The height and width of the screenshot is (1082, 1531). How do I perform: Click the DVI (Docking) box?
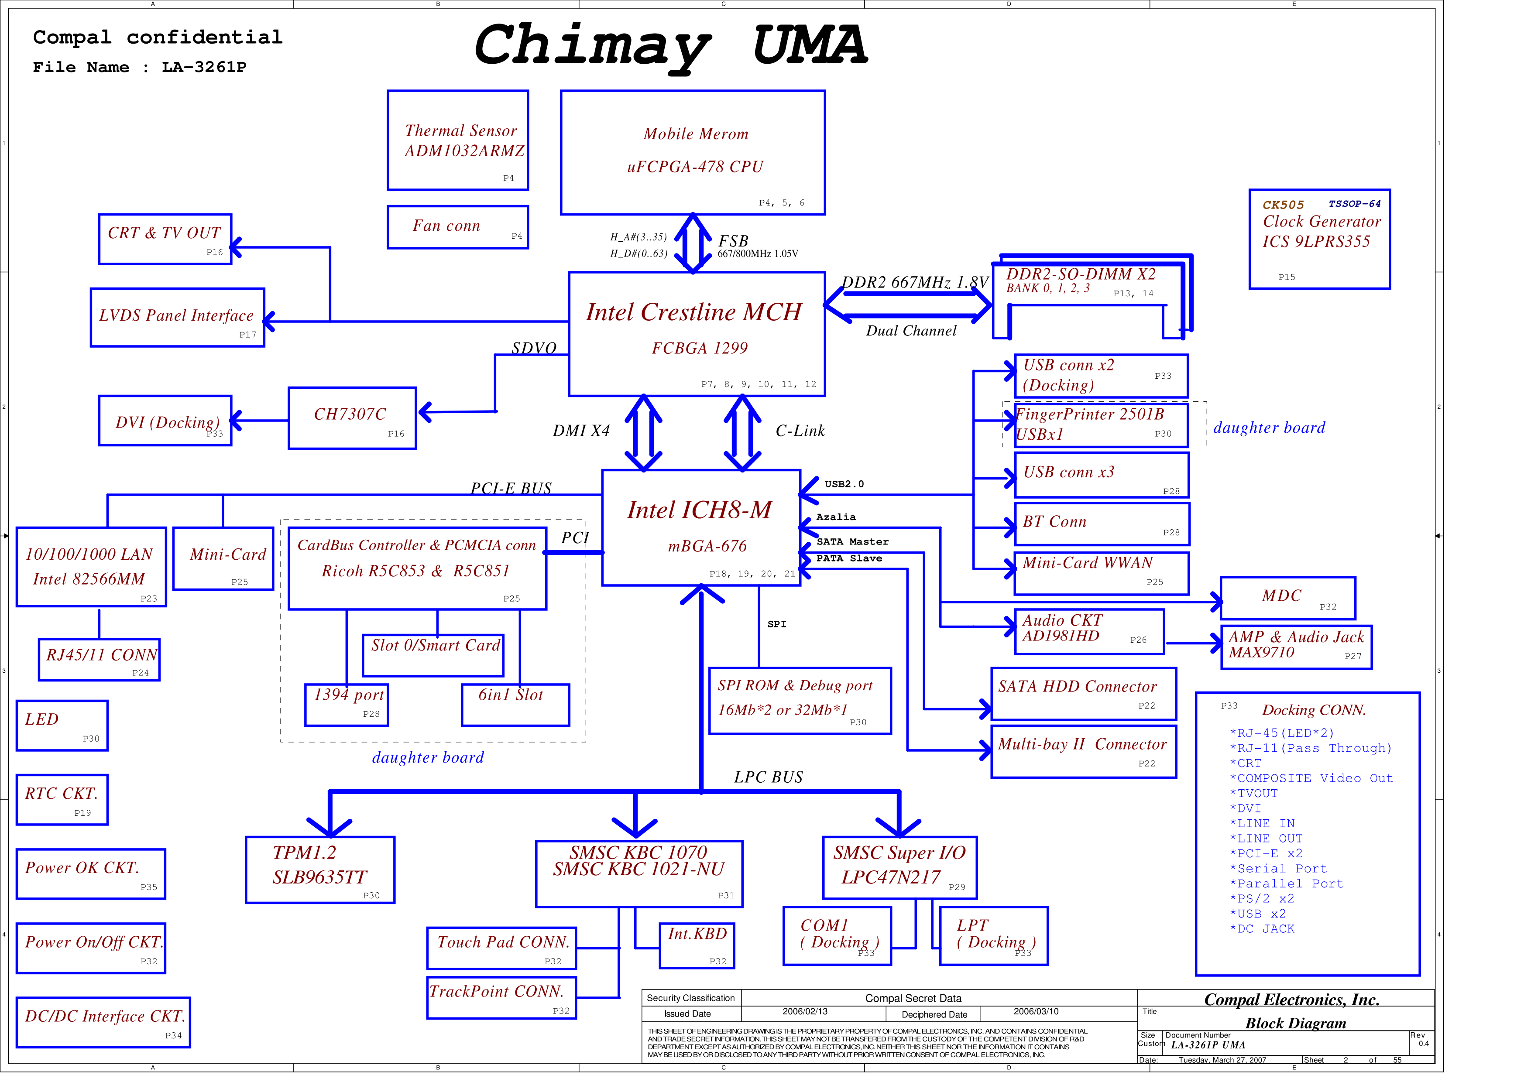tap(165, 421)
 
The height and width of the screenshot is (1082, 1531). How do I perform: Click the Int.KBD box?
tap(697, 945)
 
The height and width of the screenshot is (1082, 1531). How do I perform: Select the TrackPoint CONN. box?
tap(501, 997)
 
